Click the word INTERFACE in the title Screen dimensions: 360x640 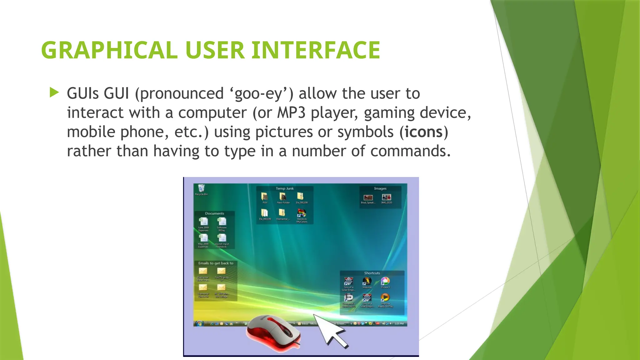pyautogui.click(x=316, y=50)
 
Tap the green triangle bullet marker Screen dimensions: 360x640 pyautogui.click(x=54, y=92)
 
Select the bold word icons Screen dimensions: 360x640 pyautogui.click(x=423, y=132)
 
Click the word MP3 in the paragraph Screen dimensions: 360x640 pyautogui.click(x=291, y=112)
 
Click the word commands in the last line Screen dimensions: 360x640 pyautogui.click(x=410, y=151)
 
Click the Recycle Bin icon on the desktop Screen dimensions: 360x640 pyautogui.click(x=201, y=188)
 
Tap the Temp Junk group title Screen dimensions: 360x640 pyautogui.click(x=284, y=188)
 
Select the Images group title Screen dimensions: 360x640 pyautogui.click(x=380, y=188)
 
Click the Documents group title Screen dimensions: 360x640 pyautogui.click(x=214, y=213)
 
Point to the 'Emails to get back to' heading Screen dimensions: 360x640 pyautogui.click(x=216, y=263)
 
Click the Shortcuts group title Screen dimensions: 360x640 pyautogui.click(x=372, y=273)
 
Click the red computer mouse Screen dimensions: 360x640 pyautogui.click(x=272, y=333)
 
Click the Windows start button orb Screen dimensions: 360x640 pyautogui.click(x=199, y=323)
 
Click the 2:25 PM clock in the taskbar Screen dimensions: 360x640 pyautogui.click(x=399, y=323)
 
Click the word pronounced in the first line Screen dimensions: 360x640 pyautogui.click(x=182, y=93)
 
